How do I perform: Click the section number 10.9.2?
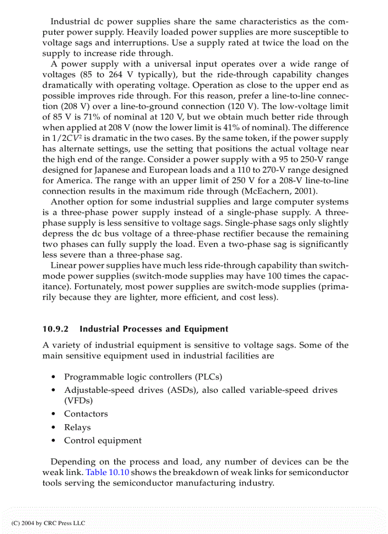tap(56, 329)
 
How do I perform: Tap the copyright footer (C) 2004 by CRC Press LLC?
tap(48, 523)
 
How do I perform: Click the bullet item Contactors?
tap(86, 414)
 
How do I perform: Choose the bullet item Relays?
tap(78, 427)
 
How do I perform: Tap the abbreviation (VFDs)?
tap(79, 400)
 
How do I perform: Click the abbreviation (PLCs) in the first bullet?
tap(208, 377)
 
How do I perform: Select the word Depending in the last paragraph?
tap(73, 462)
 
